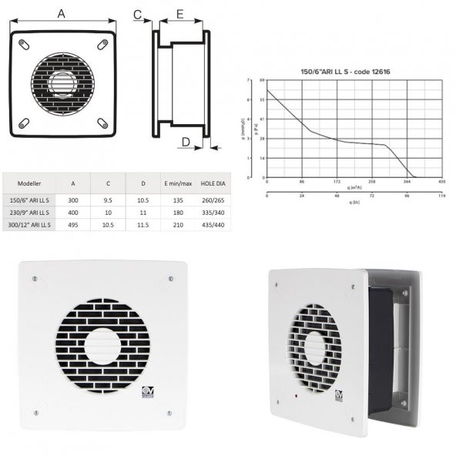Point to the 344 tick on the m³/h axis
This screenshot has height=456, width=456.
click(407, 183)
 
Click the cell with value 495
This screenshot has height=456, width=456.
click(72, 225)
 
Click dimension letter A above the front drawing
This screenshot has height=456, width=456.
click(62, 13)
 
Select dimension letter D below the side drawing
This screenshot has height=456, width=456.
click(186, 141)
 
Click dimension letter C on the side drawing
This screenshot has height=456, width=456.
click(138, 14)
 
